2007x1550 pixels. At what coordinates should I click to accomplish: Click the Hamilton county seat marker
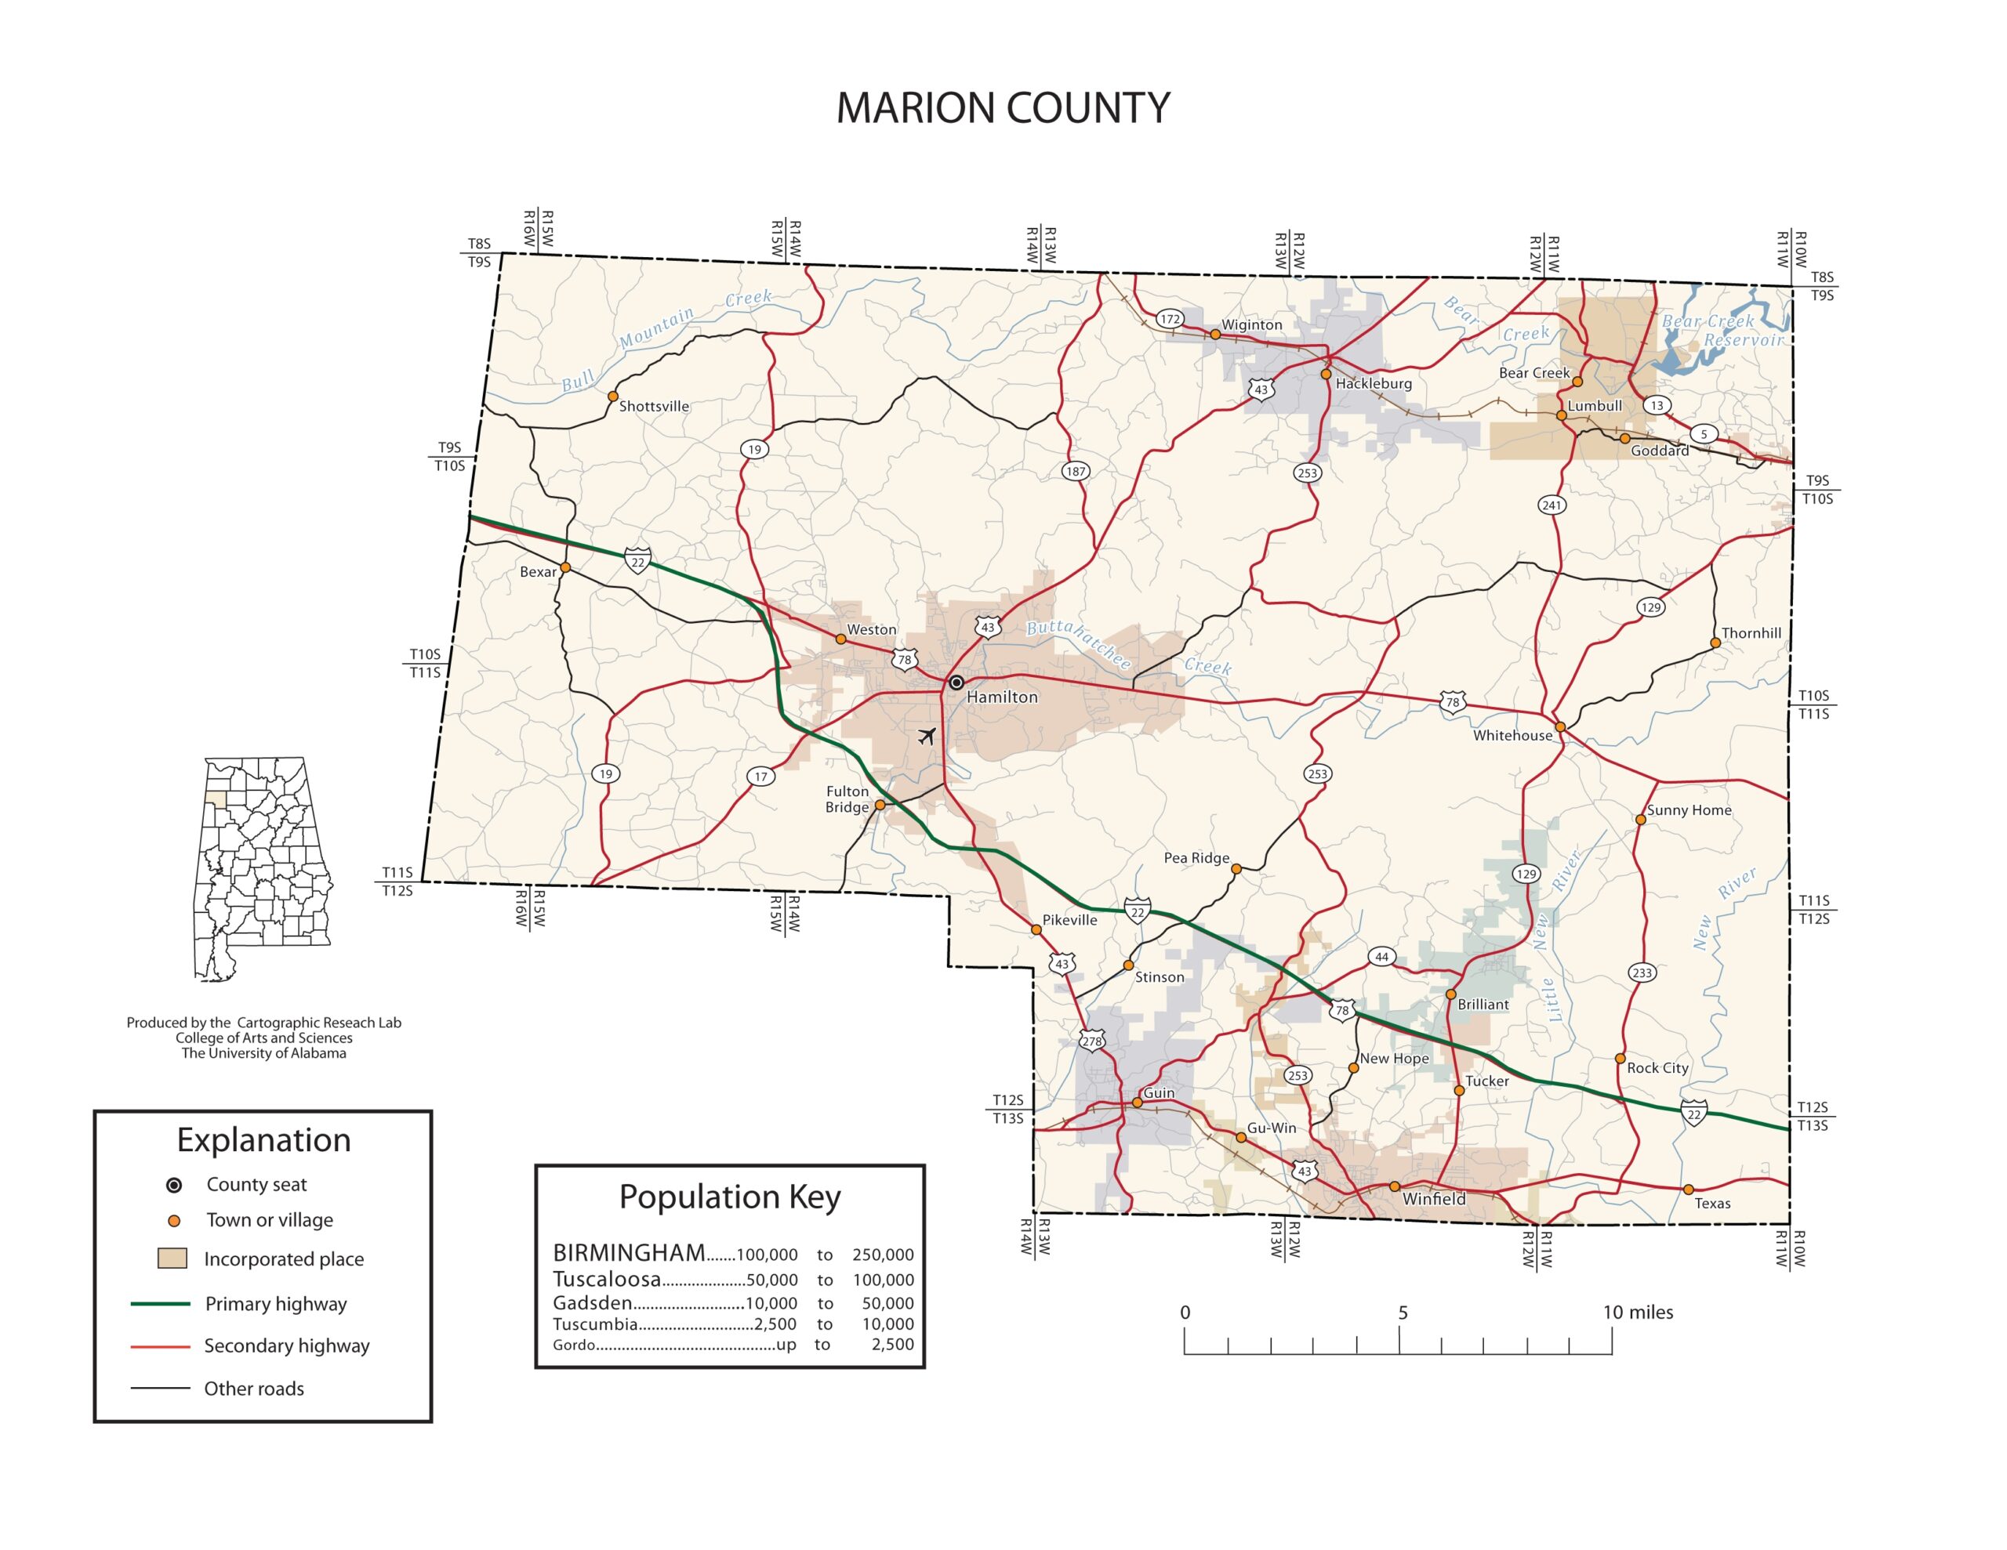(x=956, y=683)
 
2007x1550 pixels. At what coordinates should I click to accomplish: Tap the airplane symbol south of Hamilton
(x=927, y=736)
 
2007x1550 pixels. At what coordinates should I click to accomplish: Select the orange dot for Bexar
(x=566, y=568)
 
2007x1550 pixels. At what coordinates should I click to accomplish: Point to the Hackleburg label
(x=1373, y=383)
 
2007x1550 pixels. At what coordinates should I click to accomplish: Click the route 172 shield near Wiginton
(x=1169, y=319)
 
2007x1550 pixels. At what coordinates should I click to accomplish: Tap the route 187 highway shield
(x=1075, y=471)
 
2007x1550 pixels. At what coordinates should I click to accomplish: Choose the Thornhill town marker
(x=1715, y=643)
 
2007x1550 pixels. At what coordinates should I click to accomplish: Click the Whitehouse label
(x=1512, y=735)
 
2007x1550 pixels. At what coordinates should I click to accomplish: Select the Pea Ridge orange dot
(x=1236, y=868)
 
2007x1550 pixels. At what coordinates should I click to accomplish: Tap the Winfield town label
(x=1434, y=1199)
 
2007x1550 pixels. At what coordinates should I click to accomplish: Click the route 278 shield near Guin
(x=1092, y=1041)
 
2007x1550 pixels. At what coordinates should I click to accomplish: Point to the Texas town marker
(x=1688, y=1190)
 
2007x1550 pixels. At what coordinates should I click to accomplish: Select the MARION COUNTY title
(x=1003, y=108)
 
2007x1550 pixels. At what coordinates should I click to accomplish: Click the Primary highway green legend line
(x=160, y=1304)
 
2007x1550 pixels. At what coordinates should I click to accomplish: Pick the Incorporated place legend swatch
(x=172, y=1258)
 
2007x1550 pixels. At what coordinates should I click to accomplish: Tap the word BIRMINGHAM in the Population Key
(x=629, y=1252)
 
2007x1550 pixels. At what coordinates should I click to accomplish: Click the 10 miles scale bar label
(x=1638, y=1312)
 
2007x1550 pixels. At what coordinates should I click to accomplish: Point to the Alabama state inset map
(x=262, y=868)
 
